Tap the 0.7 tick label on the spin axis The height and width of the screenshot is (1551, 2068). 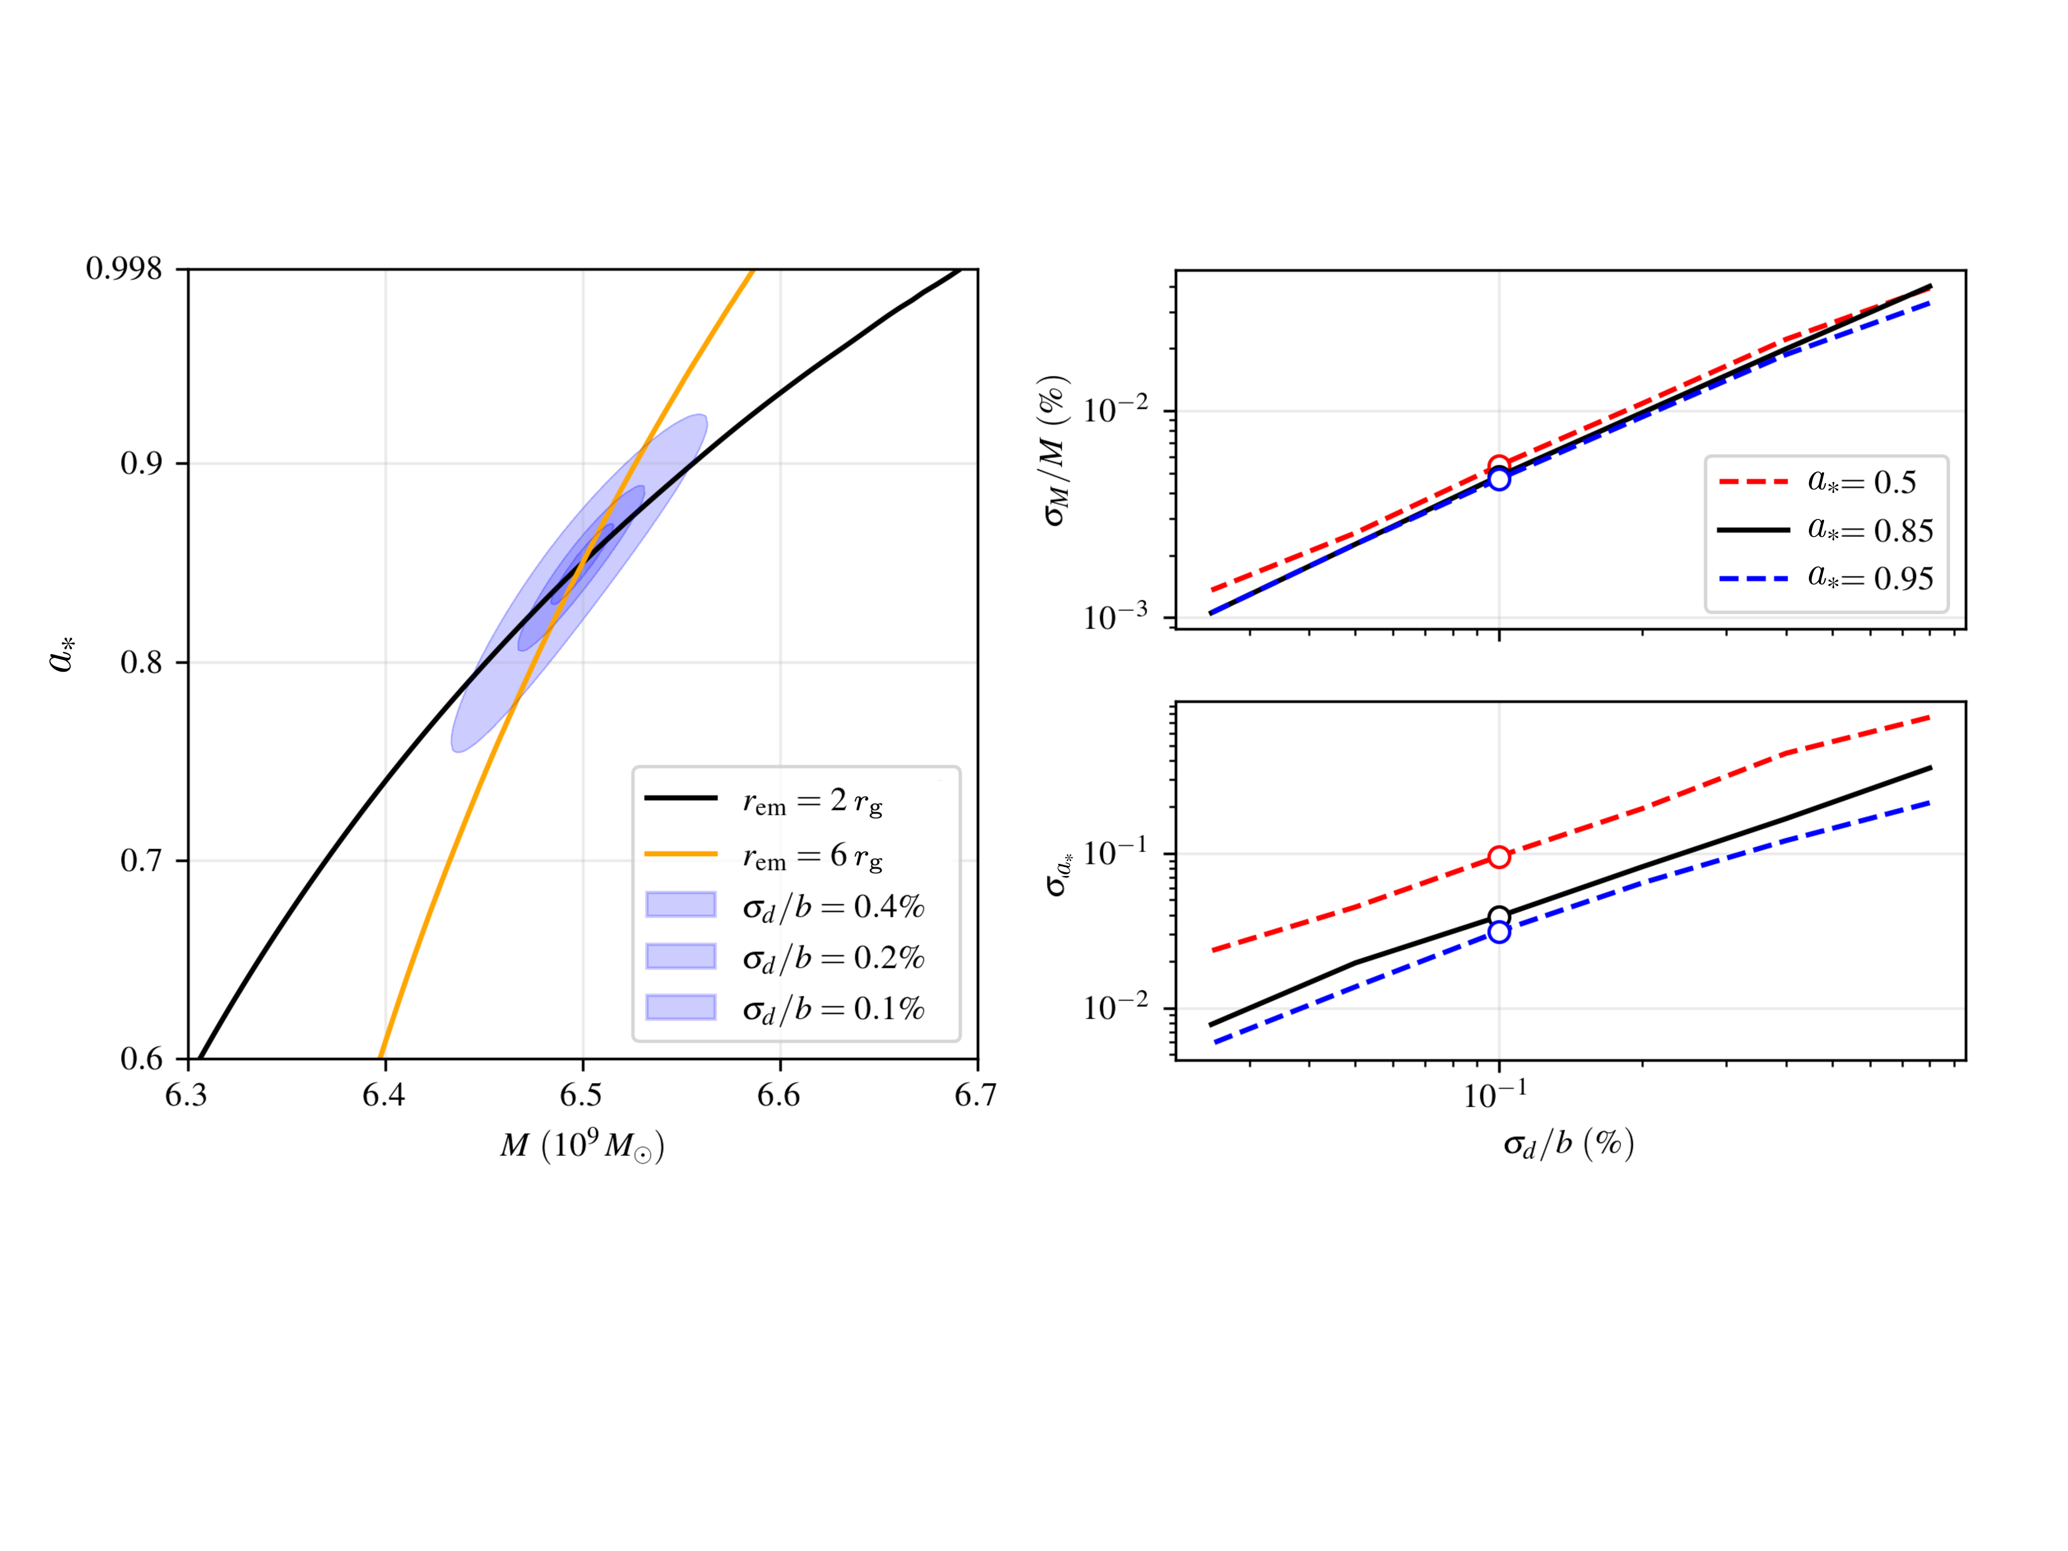pos(140,860)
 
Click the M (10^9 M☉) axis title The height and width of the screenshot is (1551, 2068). pos(582,1145)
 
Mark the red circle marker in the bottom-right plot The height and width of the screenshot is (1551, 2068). pos(1498,856)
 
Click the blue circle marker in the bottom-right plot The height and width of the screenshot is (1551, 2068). pos(1498,932)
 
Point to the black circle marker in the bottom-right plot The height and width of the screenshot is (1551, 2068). pos(1498,916)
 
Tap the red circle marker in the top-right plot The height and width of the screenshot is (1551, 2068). pos(1498,464)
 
